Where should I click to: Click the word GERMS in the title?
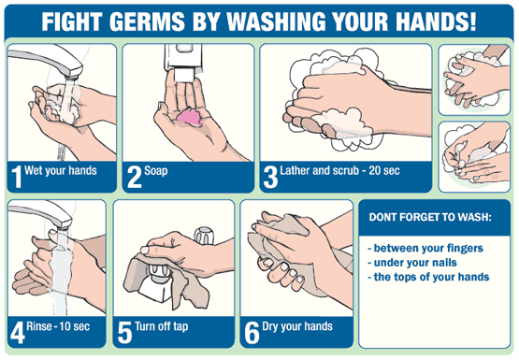[x=148, y=22]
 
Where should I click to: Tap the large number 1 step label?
[x=17, y=177]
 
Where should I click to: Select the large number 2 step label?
[x=135, y=177]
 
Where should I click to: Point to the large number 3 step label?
[x=270, y=177]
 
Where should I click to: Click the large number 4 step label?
[x=17, y=333]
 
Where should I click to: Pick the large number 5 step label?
[x=124, y=333]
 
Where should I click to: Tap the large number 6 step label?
[x=252, y=333]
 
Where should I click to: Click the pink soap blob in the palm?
[x=190, y=117]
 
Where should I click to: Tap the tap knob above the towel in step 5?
[x=204, y=236]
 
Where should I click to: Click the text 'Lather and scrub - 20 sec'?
[x=339, y=170]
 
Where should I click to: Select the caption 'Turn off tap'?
[x=162, y=326]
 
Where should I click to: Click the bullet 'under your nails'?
[x=412, y=263]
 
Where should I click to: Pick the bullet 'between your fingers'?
[x=425, y=248]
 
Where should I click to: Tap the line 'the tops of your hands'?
[x=428, y=277]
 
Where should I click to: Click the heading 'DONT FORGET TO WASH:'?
[x=430, y=217]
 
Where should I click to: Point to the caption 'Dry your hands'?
[x=297, y=326]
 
